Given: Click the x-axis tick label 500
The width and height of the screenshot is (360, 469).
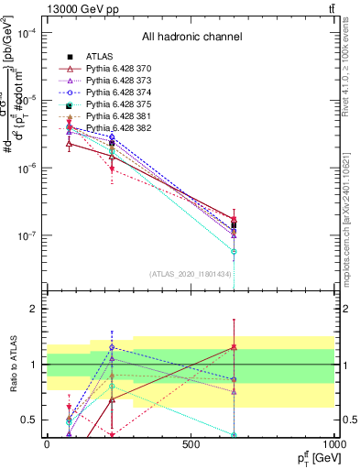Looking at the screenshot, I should point(191,443).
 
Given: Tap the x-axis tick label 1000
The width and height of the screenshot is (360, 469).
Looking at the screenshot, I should point(333,443).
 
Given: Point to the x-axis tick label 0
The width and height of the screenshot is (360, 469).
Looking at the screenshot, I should point(47,443).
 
